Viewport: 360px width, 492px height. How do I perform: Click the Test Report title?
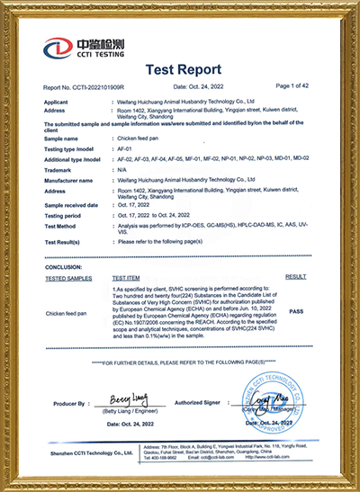pos(180,68)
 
